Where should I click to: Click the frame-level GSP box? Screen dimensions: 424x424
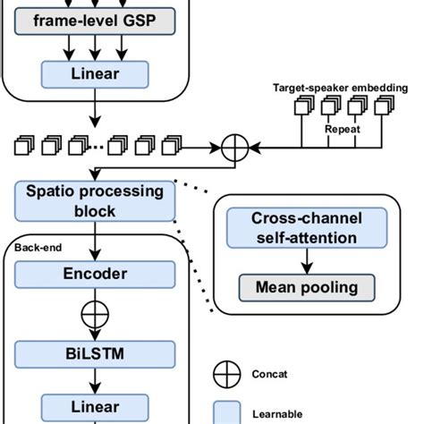pos(95,21)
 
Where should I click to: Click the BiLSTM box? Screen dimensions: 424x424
pos(95,353)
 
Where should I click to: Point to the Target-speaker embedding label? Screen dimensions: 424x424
pos(342,89)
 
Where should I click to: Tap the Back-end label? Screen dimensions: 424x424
pos(33,243)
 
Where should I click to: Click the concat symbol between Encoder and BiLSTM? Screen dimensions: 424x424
pos(95,315)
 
